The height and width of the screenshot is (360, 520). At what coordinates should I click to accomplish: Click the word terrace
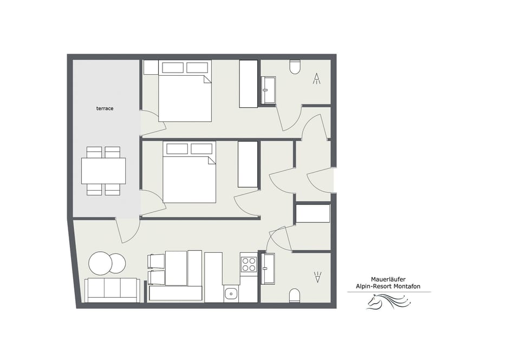tap(105, 109)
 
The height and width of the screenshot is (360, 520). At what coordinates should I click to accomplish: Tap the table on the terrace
tap(103, 171)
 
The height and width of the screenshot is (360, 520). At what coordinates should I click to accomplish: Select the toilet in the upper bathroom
tap(295, 67)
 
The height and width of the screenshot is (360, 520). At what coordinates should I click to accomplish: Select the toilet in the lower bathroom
tap(295, 295)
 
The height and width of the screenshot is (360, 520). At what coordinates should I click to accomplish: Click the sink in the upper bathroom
tap(269, 90)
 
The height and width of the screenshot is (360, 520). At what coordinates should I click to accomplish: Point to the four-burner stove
tap(249, 264)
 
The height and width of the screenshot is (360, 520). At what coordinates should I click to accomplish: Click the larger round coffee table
tap(101, 263)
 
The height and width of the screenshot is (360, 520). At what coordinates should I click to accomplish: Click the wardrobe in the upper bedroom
tap(249, 83)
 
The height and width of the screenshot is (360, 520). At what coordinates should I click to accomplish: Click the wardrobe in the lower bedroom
tap(248, 165)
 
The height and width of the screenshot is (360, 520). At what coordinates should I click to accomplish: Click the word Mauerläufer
tap(389, 279)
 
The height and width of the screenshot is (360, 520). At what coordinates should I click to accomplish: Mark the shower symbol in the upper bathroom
tap(317, 79)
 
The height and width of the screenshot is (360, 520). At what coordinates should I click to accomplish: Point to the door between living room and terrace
tap(128, 230)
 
